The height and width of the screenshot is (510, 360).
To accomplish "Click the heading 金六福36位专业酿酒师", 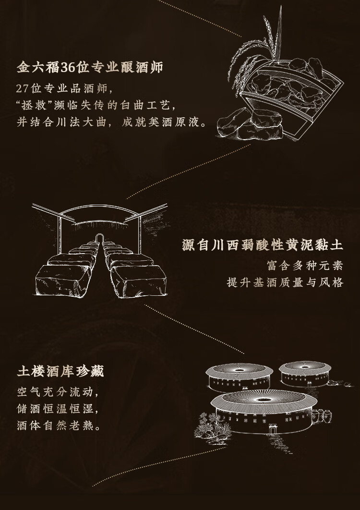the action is tap(90, 67).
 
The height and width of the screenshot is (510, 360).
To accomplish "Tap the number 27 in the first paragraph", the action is tap(22, 88).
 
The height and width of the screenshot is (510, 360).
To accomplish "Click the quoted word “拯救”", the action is tap(35, 105).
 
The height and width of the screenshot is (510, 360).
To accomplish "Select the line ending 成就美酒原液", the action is tap(111, 122).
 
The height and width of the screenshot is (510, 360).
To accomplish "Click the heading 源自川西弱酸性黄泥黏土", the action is tap(263, 245).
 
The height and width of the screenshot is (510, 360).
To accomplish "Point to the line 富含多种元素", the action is tap(305, 266).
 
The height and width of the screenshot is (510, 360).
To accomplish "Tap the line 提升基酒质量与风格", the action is tap(285, 282).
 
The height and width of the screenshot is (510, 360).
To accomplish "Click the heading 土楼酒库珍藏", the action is tap(60, 371).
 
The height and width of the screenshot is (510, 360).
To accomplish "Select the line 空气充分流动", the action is tap(58, 391).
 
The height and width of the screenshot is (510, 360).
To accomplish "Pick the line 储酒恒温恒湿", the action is tap(58, 409).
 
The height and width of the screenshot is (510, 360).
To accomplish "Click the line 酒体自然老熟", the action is tap(59, 425).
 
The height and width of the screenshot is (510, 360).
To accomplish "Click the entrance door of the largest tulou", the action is tap(273, 429).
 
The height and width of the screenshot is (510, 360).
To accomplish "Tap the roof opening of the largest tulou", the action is tap(264, 399).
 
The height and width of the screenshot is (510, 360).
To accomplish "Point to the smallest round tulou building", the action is tap(305, 374).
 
